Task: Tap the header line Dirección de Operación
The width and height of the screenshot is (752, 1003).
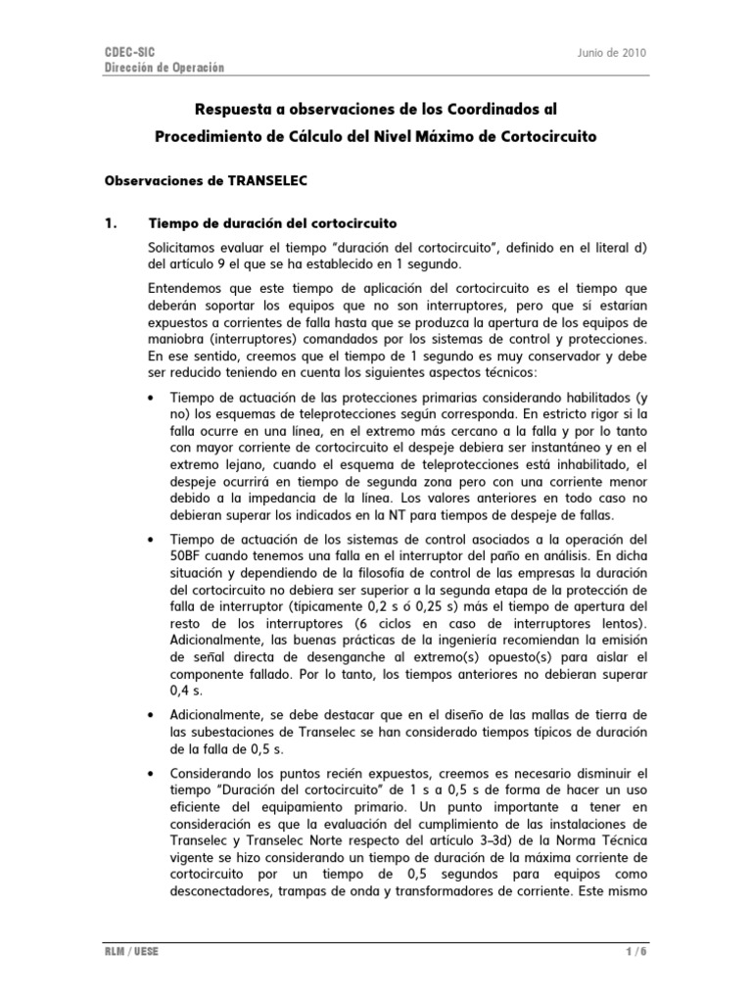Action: [164, 68]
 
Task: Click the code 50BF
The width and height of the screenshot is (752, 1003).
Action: [187, 555]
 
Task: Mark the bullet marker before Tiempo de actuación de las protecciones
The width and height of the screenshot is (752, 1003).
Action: [150, 398]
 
